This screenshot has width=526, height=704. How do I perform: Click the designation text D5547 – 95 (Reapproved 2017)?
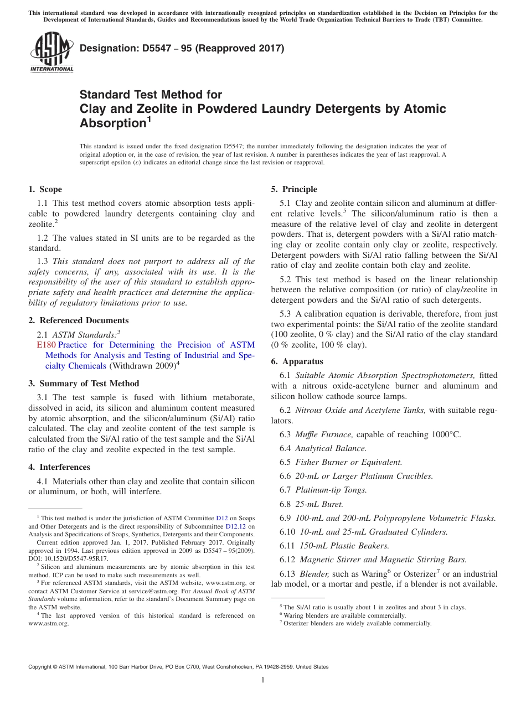click(x=182, y=49)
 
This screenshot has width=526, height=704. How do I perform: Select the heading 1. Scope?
click(x=45, y=189)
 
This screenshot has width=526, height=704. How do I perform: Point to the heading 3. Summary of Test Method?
click(x=84, y=384)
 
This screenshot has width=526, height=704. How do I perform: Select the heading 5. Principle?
click(x=294, y=189)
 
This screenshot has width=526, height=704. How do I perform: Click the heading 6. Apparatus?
click(x=297, y=361)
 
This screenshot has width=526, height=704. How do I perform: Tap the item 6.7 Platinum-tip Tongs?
click(x=323, y=490)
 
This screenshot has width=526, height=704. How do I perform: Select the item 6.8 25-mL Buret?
click(x=311, y=504)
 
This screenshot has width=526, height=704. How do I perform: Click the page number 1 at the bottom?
click(x=263, y=680)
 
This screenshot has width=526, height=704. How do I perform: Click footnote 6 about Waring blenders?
click(x=343, y=615)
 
